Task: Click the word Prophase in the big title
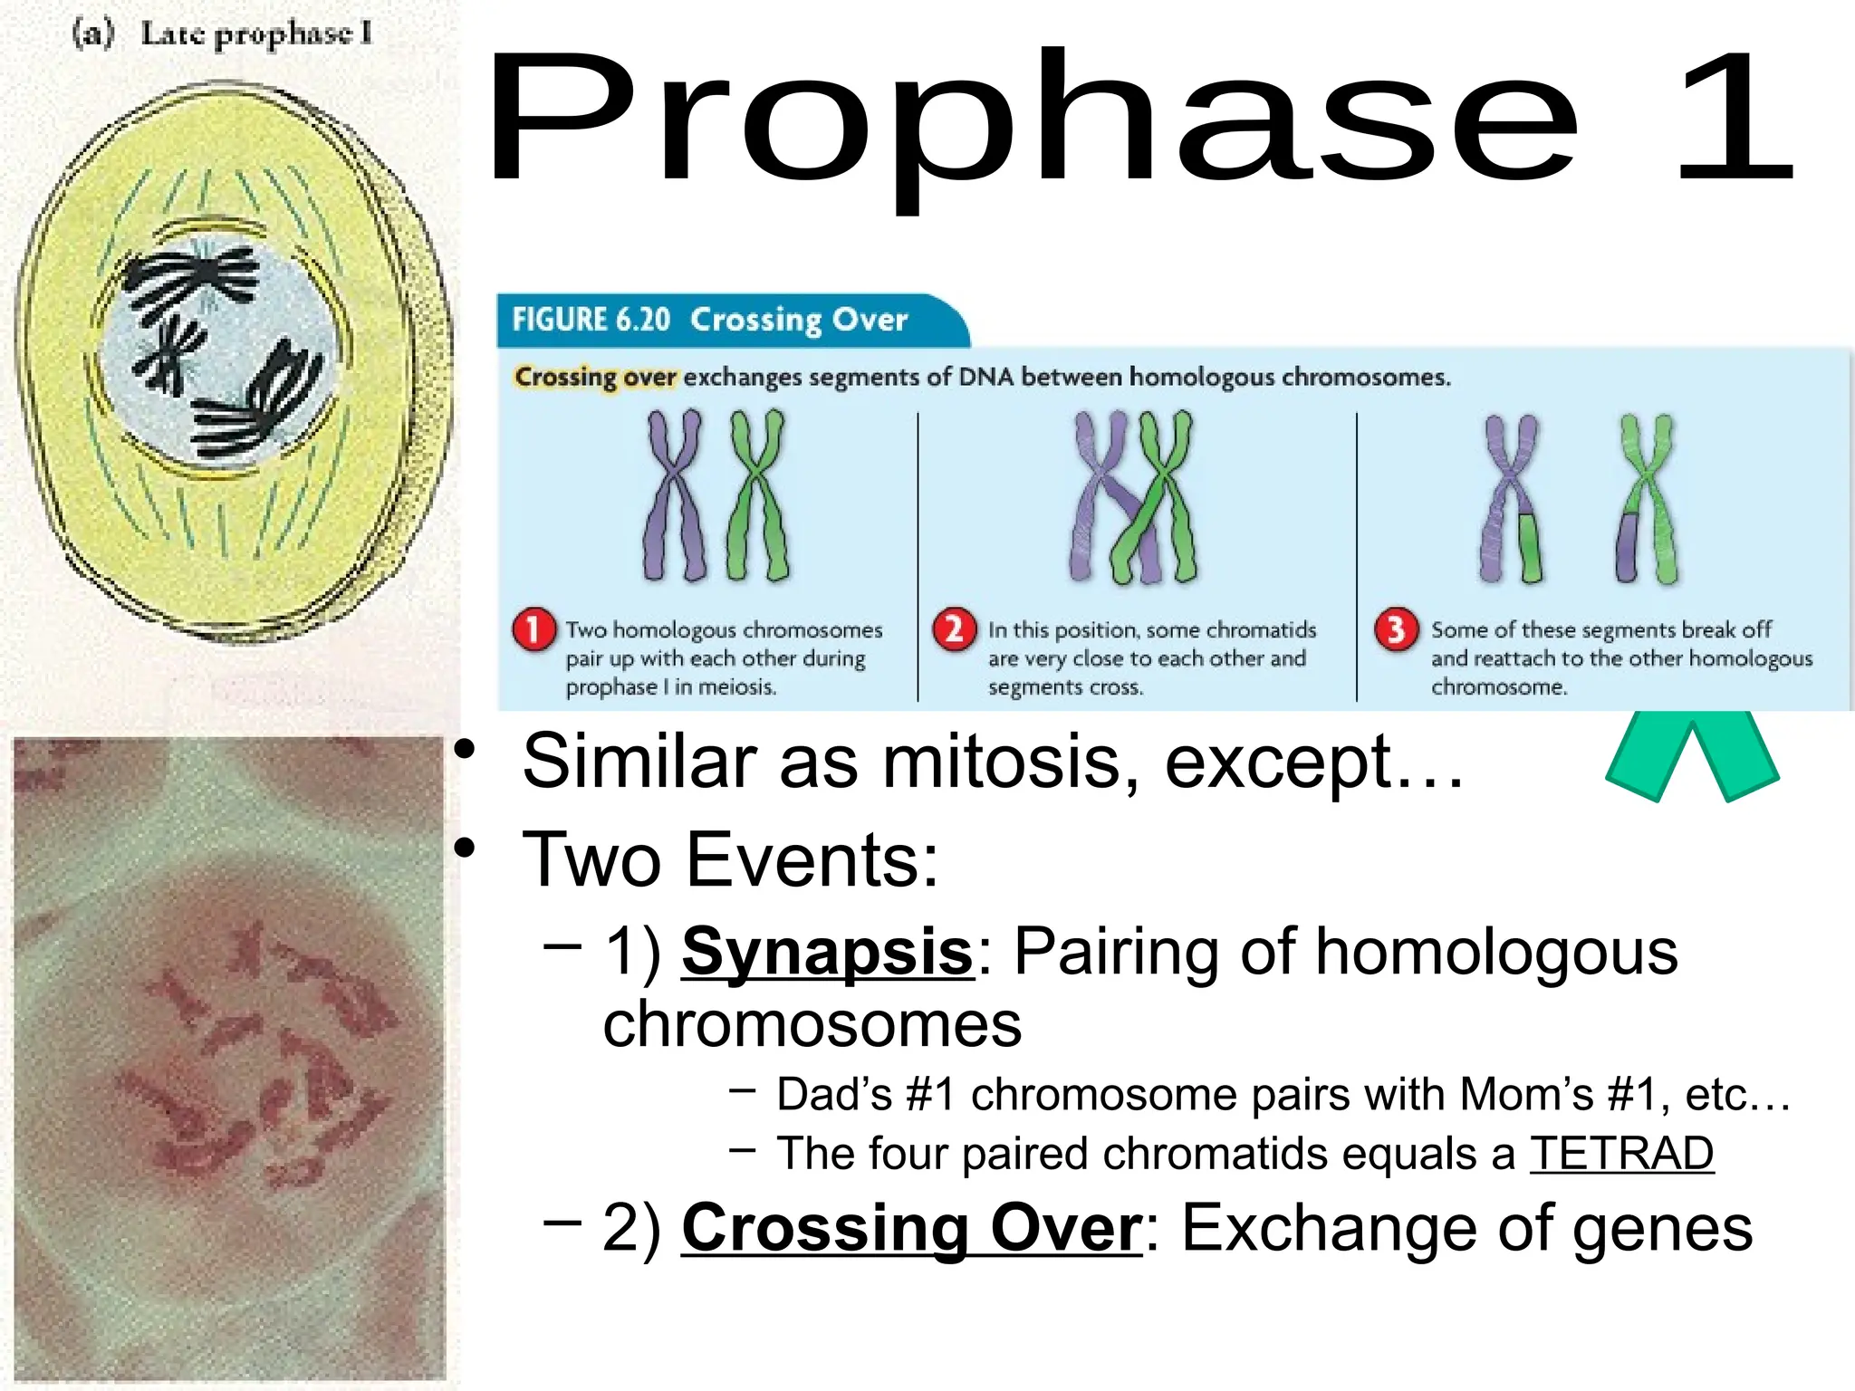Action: [x=1033, y=122]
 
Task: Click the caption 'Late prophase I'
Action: [x=255, y=34]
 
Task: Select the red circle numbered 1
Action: [x=533, y=629]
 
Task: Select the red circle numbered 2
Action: [x=954, y=628]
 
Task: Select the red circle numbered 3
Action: [x=1396, y=628]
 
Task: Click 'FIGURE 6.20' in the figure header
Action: [x=591, y=320]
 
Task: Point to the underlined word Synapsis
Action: [x=827, y=953]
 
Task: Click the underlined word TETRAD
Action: [x=1621, y=1154]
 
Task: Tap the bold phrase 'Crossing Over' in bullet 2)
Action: [x=911, y=1229]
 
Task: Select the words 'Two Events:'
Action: [x=730, y=860]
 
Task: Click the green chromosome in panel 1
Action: [x=757, y=494]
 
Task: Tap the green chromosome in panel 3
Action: [x=1648, y=498]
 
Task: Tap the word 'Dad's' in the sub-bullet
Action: [x=833, y=1095]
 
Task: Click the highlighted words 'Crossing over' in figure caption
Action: [x=595, y=377]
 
